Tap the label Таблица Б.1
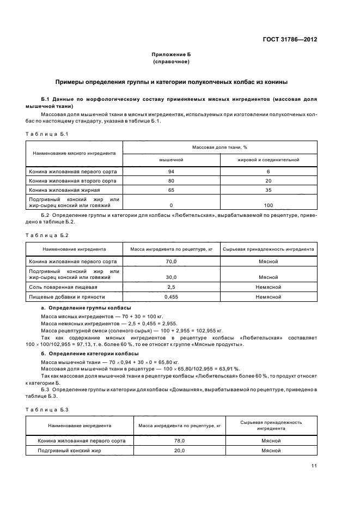[46, 133]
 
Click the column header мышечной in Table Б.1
[170, 160]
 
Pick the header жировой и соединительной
[269, 160]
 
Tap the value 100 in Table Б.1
[269, 205]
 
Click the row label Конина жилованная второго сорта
[74, 181]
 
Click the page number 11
[314, 466]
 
